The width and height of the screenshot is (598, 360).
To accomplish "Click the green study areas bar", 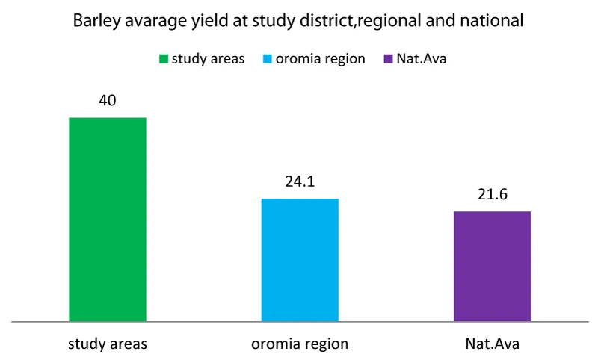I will (107, 220).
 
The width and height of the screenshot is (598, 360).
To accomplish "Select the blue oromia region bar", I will (300, 260).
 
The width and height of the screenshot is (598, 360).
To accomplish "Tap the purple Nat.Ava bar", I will (492, 267).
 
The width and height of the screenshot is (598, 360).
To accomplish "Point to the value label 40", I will (108, 101).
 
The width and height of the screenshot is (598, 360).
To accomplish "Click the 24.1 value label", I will (300, 181).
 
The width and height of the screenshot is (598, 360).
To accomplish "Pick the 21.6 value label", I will (492, 195).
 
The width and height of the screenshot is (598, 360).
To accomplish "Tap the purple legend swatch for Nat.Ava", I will (388, 58).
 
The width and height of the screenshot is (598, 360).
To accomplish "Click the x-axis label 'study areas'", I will (107, 344).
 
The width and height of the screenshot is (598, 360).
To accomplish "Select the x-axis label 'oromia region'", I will (300, 344).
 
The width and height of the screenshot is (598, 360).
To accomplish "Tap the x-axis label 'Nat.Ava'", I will (492, 344).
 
